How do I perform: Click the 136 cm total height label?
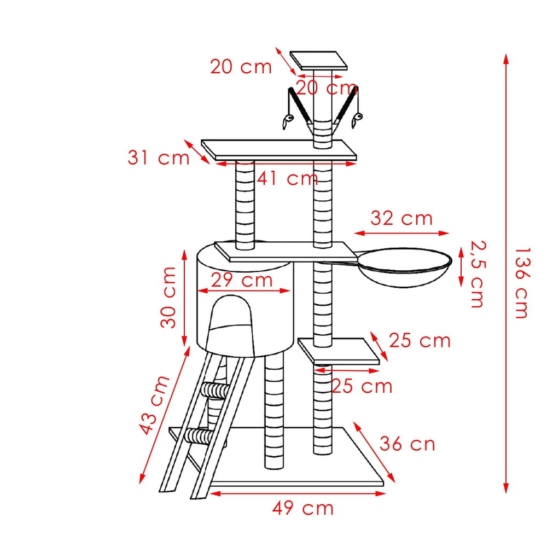tap(523, 283)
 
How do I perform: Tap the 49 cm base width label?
tap(303, 508)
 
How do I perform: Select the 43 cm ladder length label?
tap(154, 405)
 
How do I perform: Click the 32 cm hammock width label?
tap(401, 218)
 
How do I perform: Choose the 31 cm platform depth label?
tap(159, 158)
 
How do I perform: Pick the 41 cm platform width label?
tap(288, 179)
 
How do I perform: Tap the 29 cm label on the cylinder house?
tap(242, 280)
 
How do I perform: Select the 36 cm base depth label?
tap(408, 444)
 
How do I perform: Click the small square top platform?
tap(318, 60)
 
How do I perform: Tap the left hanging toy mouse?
tap(288, 121)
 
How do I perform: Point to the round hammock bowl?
tap(405, 267)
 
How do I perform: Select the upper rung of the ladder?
tap(216, 390)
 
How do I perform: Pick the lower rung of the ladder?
tap(200, 436)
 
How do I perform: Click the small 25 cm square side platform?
tap(339, 351)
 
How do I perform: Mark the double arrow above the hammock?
tap(401, 233)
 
